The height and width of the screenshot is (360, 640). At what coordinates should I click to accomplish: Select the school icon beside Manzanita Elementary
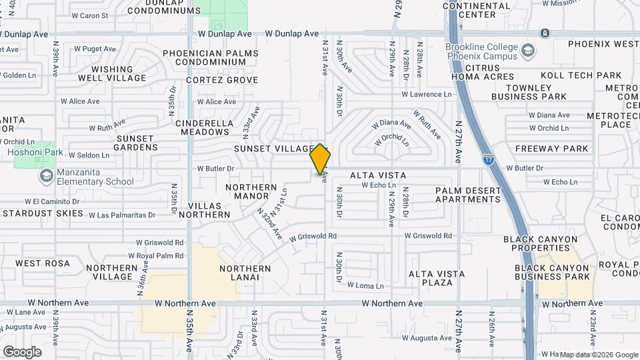(x=46, y=176)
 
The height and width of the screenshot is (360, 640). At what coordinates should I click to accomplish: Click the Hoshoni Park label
(x=35, y=153)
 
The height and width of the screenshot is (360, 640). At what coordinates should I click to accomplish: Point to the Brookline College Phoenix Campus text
(x=482, y=52)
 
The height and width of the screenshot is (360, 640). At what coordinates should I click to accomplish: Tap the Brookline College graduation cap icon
(x=528, y=51)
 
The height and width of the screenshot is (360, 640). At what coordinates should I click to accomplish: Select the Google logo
(x=21, y=351)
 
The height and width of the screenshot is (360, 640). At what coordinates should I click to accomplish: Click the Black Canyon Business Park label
(x=553, y=272)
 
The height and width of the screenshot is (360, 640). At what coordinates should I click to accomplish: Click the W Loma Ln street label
(x=366, y=285)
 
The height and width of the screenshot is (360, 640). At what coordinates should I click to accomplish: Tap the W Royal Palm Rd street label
(x=155, y=255)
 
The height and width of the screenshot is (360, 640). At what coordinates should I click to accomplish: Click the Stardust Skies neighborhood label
(x=43, y=214)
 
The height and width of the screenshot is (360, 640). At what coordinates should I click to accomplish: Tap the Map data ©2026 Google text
(x=599, y=355)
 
